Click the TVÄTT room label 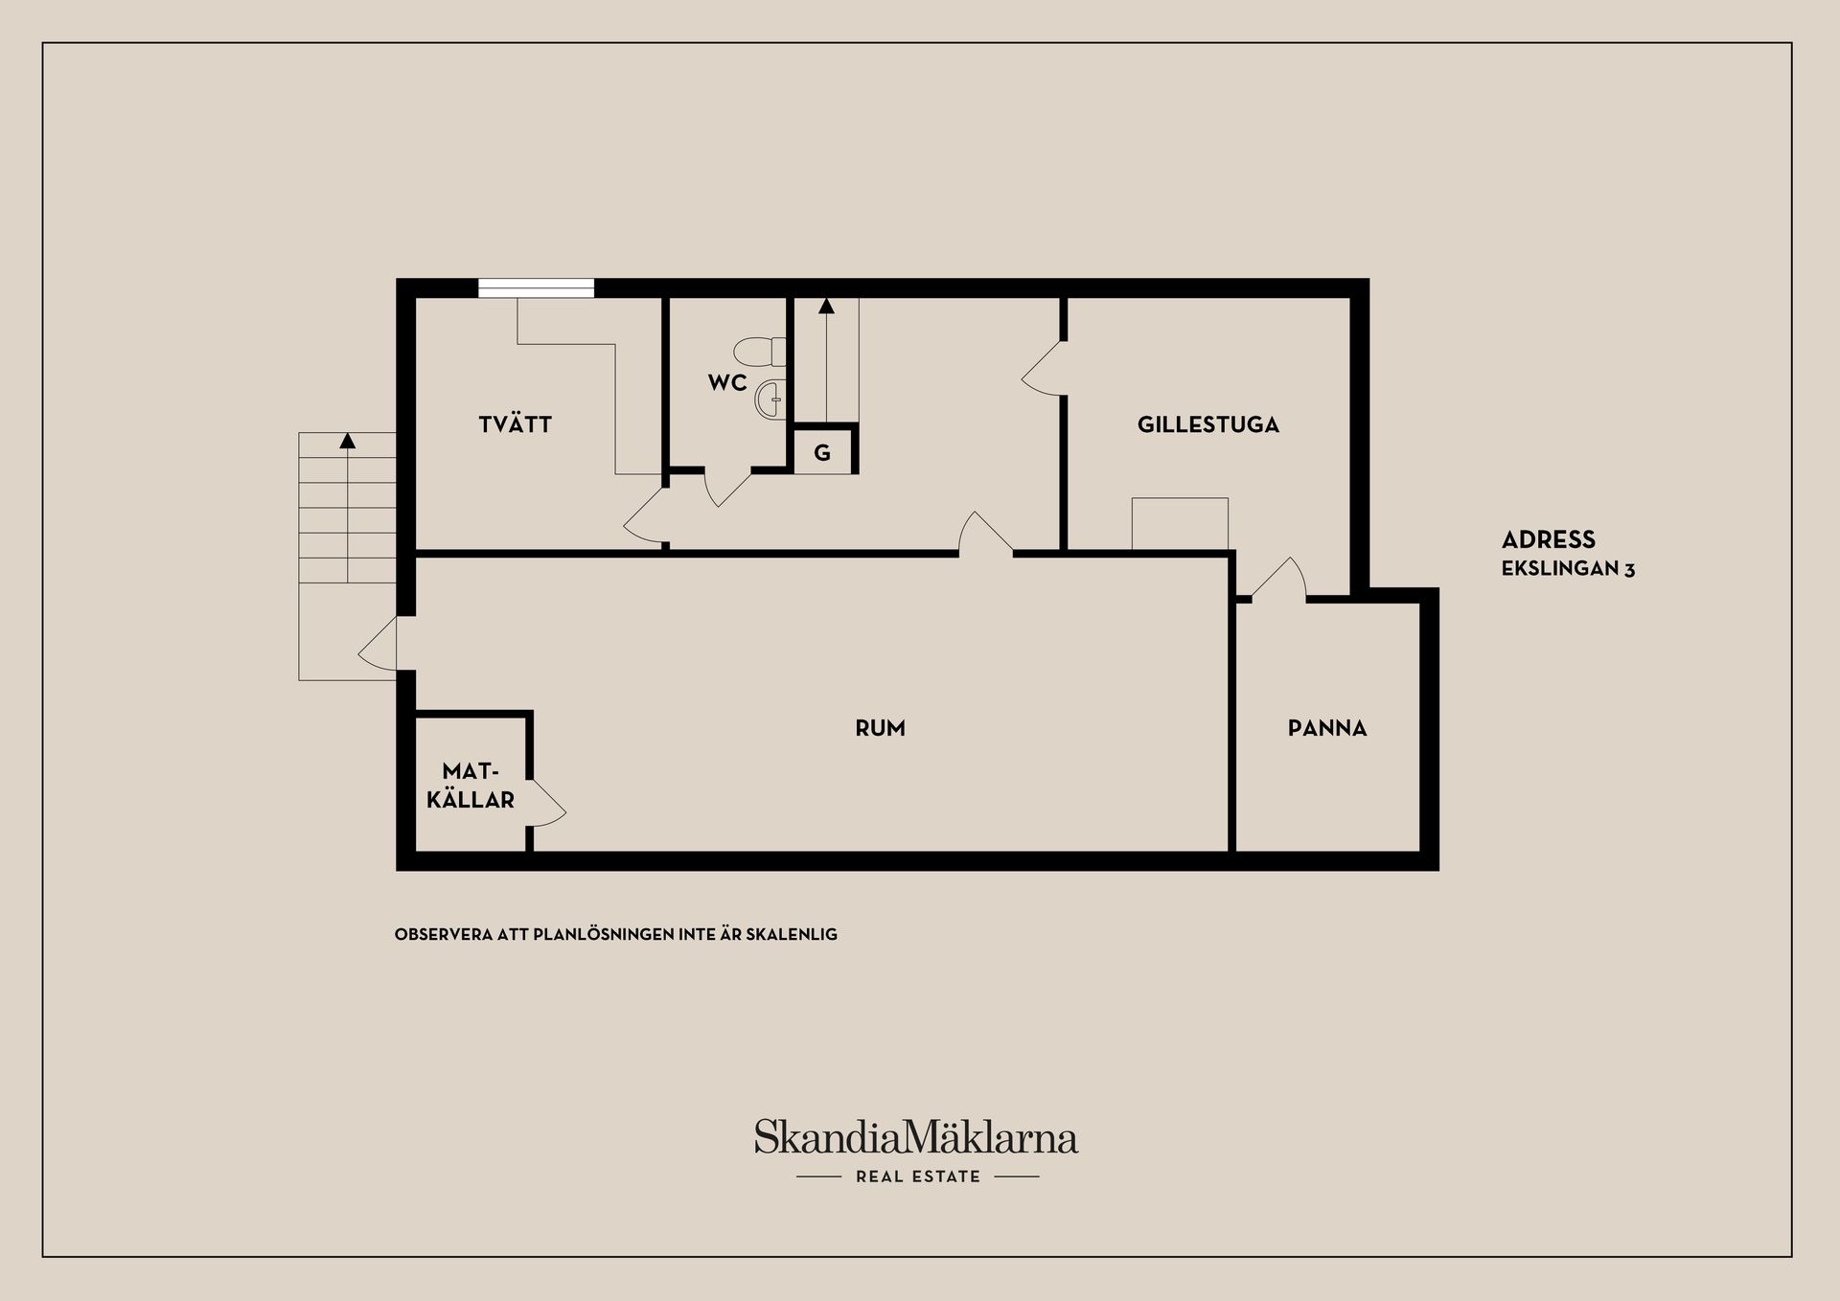(515, 424)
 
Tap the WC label (727, 383)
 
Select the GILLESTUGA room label (1207, 424)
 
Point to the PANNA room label (1326, 728)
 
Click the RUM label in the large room (880, 728)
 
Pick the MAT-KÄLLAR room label (471, 786)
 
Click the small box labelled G (822, 453)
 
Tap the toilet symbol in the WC (761, 352)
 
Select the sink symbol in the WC (770, 399)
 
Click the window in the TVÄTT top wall (536, 288)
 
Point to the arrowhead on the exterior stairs (348, 441)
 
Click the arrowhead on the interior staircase (826, 306)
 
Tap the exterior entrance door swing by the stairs (379, 645)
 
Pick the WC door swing (726, 488)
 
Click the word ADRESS (1548, 539)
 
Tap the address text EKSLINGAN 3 (1568, 569)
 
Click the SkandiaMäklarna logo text (915, 1137)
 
